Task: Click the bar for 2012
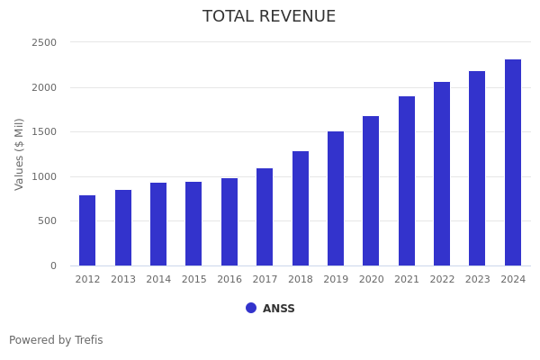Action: click(87, 230)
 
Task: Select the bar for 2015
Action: click(193, 224)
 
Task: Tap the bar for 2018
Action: click(301, 209)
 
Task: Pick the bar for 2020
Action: click(371, 191)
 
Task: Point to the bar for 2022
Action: click(442, 174)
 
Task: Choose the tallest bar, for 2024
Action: click(513, 163)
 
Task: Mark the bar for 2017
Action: click(265, 217)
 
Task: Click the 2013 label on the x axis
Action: click(123, 280)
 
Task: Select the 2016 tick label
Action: click(229, 280)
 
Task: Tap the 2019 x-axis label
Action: click(336, 280)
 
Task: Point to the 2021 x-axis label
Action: click(407, 280)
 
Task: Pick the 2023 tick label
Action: click(478, 280)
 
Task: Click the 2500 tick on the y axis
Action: click(44, 43)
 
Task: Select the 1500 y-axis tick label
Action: click(44, 132)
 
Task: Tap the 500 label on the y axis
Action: click(48, 221)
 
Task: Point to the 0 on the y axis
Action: click(53, 266)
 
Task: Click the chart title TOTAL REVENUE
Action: click(269, 17)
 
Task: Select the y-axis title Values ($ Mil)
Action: click(20, 154)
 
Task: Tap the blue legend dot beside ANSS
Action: click(251, 308)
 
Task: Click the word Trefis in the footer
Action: click(88, 341)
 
